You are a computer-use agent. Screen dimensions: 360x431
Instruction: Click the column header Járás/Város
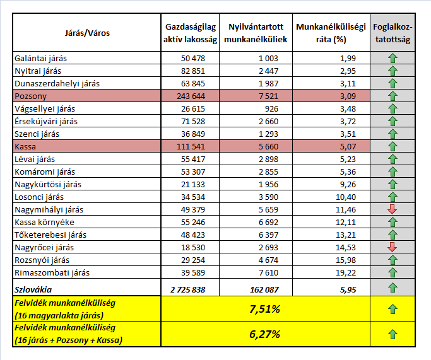[87, 33]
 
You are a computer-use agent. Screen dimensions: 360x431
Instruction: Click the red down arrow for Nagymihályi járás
[392, 209]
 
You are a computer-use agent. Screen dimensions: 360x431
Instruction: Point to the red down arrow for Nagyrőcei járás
[392, 247]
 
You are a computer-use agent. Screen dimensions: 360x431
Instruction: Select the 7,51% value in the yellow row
[266, 310]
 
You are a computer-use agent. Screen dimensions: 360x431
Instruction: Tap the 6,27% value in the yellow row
[266, 335]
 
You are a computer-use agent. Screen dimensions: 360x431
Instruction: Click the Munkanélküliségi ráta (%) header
[331, 33]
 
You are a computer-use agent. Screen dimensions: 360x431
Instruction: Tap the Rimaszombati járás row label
[52, 272]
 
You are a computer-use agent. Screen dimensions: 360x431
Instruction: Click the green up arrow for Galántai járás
[392, 59]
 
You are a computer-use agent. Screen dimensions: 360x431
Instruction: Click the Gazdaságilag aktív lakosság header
[191, 33]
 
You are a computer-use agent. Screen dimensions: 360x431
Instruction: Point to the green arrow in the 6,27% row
[392, 334]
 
